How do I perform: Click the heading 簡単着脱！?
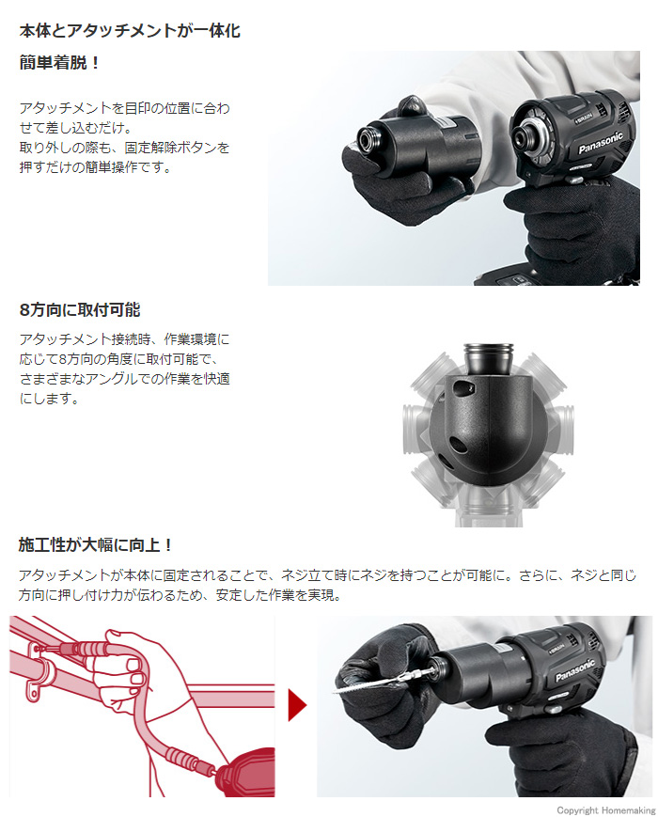pyautogui.click(x=59, y=63)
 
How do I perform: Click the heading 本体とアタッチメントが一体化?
pyautogui.click(x=130, y=31)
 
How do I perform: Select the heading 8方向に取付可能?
pyautogui.click(x=80, y=310)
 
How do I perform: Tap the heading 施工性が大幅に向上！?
pyautogui.click(x=95, y=545)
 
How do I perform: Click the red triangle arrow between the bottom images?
pyautogui.click(x=297, y=706)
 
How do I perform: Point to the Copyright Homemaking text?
pyautogui.click(x=606, y=810)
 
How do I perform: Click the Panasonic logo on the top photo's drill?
pyautogui.click(x=600, y=143)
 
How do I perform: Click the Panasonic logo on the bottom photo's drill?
pyautogui.click(x=574, y=670)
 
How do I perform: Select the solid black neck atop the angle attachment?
pyautogui.click(x=488, y=358)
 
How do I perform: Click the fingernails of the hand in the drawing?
pyautogui.click(x=135, y=671)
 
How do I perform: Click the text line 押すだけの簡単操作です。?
pyautogui.click(x=96, y=167)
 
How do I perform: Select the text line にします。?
pyautogui.click(x=50, y=399)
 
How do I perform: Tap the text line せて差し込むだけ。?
pyautogui.click(x=76, y=128)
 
